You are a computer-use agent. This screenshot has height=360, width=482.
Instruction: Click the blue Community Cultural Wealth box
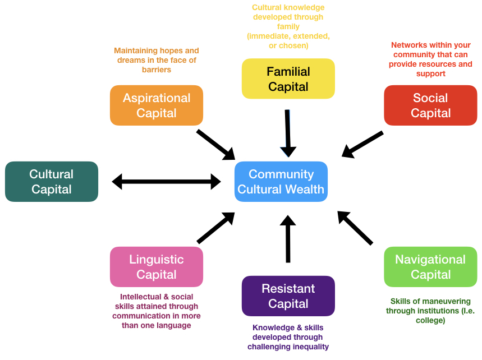coord(281,182)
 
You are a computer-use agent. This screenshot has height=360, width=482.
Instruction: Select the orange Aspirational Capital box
coord(156,105)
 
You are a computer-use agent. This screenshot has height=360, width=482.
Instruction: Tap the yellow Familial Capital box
coord(288,79)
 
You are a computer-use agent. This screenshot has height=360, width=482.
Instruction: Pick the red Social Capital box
coord(430,105)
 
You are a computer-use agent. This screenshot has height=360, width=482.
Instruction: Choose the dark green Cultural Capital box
coord(52,182)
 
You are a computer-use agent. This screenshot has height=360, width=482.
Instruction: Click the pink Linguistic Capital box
coord(156,267)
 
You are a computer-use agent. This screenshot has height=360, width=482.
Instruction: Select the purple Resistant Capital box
coord(288,296)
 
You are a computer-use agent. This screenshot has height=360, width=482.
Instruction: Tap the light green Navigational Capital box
coord(430,267)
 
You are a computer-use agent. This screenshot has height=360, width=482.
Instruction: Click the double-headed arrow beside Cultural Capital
coord(166,181)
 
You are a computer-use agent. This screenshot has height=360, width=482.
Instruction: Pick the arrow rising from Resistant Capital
coord(288,238)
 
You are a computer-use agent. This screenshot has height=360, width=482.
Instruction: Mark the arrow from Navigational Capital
coord(356,228)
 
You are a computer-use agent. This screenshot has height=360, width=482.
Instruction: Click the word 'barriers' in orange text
coord(157,70)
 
